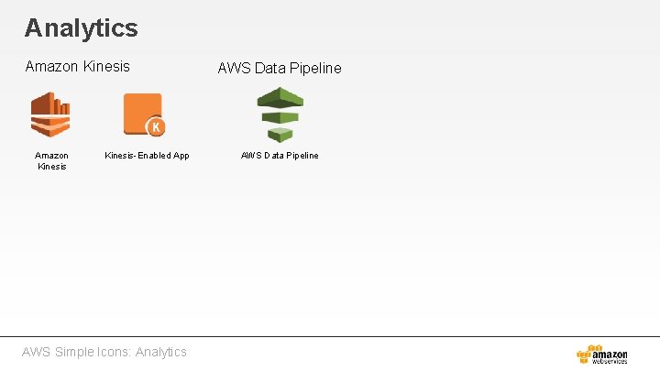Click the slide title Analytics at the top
click(81, 28)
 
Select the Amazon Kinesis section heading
click(77, 67)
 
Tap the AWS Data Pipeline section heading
click(279, 68)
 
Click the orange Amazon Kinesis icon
click(50, 115)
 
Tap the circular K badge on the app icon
click(156, 127)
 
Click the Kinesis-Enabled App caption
click(147, 156)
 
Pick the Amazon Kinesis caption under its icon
click(51, 161)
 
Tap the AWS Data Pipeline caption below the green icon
click(280, 156)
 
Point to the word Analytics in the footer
click(160, 352)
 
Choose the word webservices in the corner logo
click(610, 362)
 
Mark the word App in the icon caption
click(181, 156)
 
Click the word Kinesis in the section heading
click(106, 67)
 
